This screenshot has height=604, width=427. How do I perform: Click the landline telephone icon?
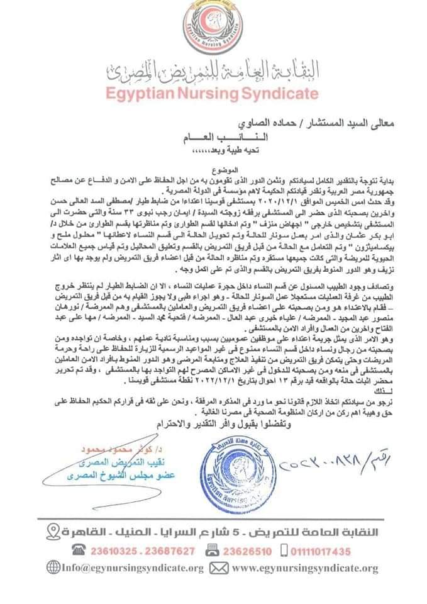[x=78, y=551]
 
